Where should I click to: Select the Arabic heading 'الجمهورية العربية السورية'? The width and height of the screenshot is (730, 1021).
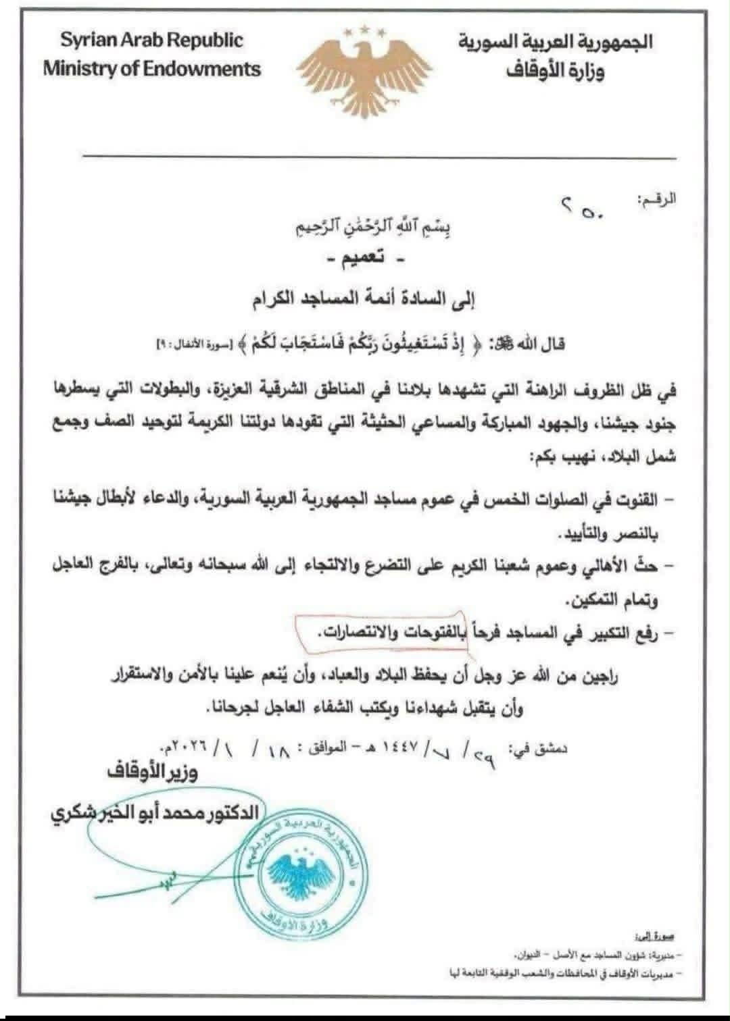pos(556,43)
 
